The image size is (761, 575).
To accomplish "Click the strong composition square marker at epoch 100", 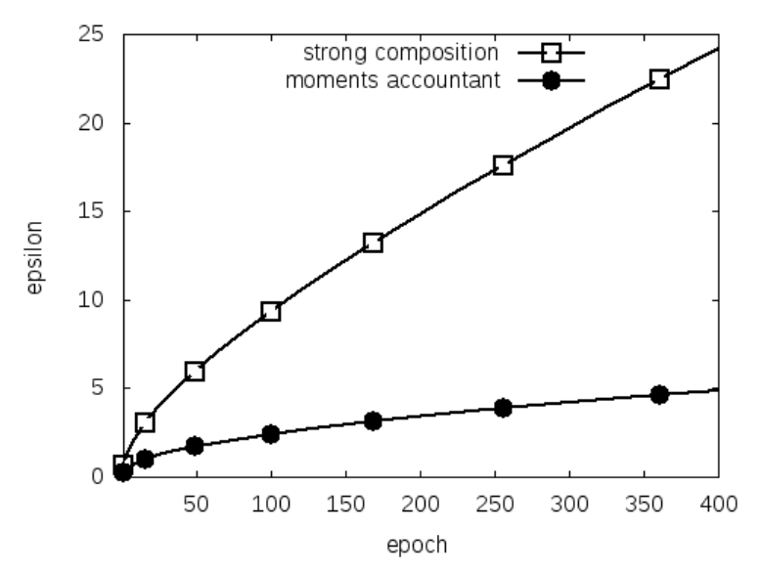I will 271,312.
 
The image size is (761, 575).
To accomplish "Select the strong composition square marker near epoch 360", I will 659,79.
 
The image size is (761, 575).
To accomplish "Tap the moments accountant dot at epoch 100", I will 271,434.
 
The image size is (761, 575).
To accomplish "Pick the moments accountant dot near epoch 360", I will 659,394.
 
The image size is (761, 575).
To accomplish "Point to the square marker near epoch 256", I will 503,165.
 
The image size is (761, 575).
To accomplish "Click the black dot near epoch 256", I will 503,408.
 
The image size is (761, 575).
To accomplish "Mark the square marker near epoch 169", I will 373,243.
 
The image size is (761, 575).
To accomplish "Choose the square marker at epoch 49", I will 195,372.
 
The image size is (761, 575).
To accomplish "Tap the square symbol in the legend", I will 551,52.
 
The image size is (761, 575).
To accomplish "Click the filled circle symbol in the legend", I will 551,80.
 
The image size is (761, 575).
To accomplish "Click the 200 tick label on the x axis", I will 420,499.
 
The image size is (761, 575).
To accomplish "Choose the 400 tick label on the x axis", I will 718,499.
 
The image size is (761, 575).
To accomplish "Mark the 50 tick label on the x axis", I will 196,499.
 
